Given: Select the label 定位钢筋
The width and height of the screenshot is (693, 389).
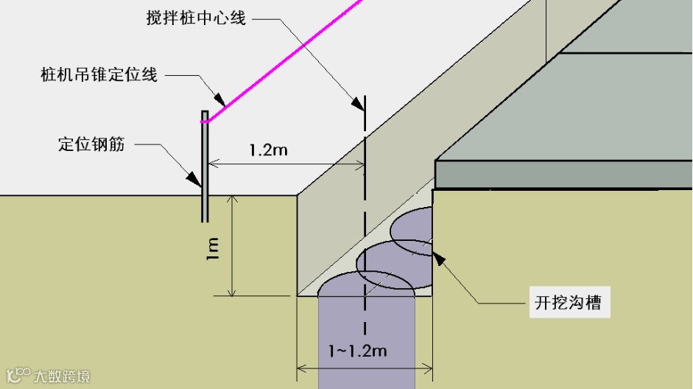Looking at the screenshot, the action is point(91,144).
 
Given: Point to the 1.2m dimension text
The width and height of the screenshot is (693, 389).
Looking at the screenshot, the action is point(268,150).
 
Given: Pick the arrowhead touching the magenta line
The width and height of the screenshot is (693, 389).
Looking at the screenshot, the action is point(219,98).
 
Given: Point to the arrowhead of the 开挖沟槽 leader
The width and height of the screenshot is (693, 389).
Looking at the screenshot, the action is point(439,257).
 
